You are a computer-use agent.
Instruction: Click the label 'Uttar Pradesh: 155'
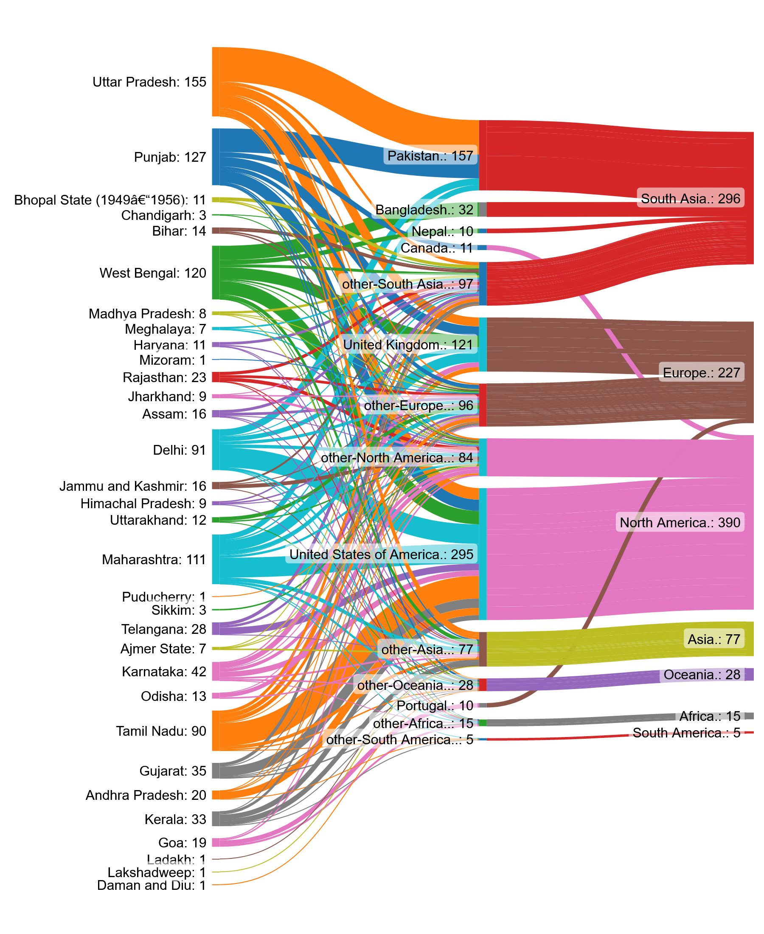(x=149, y=82)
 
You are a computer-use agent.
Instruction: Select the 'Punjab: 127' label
(x=170, y=157)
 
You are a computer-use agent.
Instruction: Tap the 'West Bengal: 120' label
(x=153, y=273)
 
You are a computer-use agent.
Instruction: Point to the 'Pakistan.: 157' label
(x=430, y=156)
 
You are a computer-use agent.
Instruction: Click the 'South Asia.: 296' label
(x=691, y=199)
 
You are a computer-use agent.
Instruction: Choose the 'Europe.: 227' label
(x=702, y=373)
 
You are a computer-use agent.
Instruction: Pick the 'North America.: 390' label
(x=680, y=523)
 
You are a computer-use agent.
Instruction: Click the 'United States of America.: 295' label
(x=381, y=554)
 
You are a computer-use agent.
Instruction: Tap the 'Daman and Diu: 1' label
(x=152, y=885)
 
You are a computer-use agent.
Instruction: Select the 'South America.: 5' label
(x=687, y=733)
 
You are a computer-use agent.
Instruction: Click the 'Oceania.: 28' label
(x=702, y=675)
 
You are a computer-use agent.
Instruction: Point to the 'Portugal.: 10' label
(x=435, y=706)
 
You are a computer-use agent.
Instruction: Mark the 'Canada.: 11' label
(x=437, y=248)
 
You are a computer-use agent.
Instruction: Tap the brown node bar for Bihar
(x=216, y=231)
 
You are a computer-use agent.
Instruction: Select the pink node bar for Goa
(x=216, y=842)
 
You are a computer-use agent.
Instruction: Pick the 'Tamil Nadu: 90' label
(x=161, y=731)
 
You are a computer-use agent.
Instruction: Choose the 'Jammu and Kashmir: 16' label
(x=133, y=486)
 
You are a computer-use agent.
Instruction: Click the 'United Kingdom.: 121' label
(x=408, y=345)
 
